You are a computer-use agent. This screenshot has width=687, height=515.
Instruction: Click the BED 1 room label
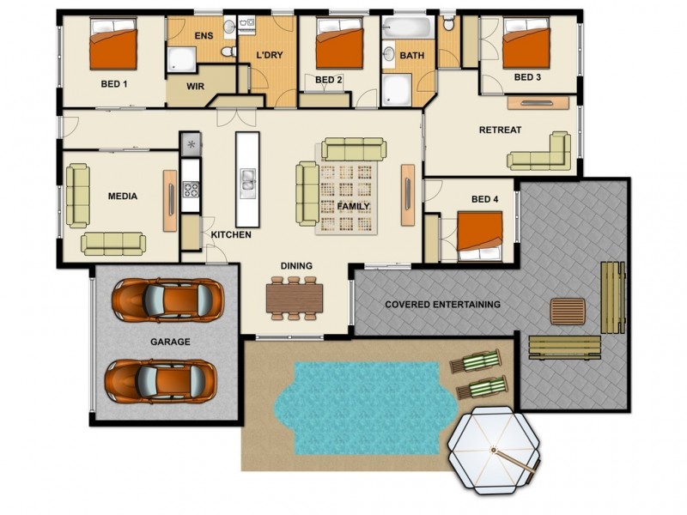coord(113,84)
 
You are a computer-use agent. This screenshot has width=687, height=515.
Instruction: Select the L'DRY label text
coord(270,56)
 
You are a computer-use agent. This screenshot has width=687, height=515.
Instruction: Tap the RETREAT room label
coord(501,130)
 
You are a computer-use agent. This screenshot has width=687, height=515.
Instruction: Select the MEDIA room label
coord(122,197)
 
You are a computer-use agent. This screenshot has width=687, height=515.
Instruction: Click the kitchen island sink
coord(247,179)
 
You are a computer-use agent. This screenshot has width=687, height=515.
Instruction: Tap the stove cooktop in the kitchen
coord(190,191)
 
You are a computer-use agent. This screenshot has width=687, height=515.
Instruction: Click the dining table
coord(295,297)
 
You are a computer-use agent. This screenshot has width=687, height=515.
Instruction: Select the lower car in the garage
coord(161,379)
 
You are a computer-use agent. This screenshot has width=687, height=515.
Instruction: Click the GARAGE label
coord(170,342)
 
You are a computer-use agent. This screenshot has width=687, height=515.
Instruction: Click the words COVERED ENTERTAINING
coord(442,305)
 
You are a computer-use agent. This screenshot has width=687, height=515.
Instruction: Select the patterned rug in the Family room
coord(349,197)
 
